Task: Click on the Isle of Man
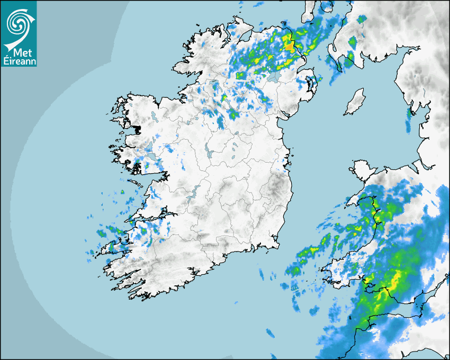pyautogui.click(x=355, y=102)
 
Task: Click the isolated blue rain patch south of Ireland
pyautogui.click(x=270, y=332)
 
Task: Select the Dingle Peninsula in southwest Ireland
pyautogui.click(x=114, y=247)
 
